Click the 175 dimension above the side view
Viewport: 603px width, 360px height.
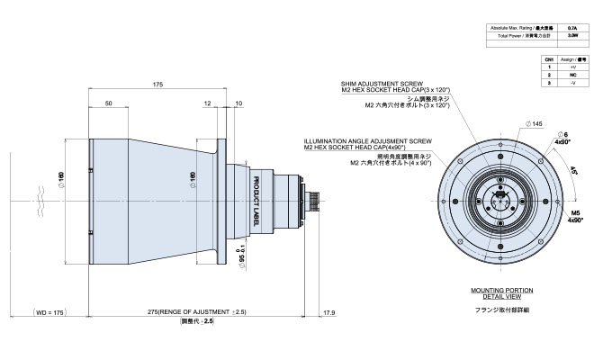pyautogui.click(x=157, y=85)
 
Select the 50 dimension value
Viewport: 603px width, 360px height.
pyautogui.click(x=108, y=104)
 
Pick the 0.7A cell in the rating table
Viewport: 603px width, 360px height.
pyautogui.click(x=573, y=30)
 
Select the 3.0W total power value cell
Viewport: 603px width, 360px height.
pyautogui.click(x=573, y=38)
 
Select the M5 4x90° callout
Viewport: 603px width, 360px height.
pyautogui.click(x=574, y=215)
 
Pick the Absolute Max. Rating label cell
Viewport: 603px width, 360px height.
pyautogui.click(x=521, y=30)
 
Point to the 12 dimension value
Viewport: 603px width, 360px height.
pyautogui.click(x=209, y=104)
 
